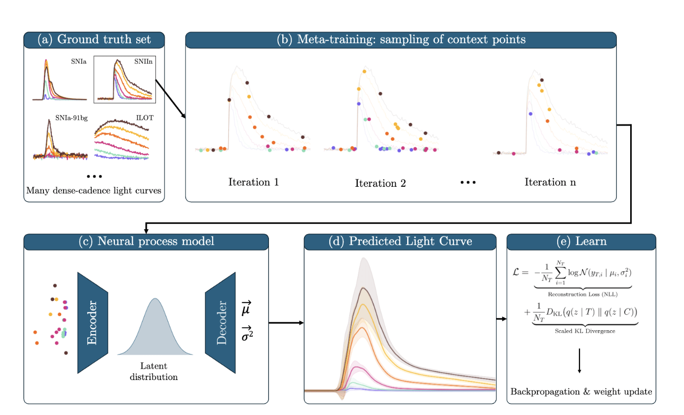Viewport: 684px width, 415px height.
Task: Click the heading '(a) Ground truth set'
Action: [x=94, y=40]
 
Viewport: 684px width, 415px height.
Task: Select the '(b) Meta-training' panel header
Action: [x=401, y=40]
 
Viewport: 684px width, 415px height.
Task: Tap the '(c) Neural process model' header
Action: [x=146, y=242]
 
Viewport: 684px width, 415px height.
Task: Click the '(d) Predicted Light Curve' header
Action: [x=400, y=242]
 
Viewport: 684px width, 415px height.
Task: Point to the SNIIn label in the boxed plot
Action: [x=143, y=62]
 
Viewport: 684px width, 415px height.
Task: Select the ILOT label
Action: [x=142, y=118]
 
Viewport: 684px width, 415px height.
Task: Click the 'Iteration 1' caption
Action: [x=254, y=182]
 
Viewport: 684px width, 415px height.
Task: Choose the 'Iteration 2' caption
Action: [x=380, y=183]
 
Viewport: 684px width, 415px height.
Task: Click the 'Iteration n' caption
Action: [x=550, y=182]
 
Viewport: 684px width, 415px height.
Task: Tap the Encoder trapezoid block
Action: [x=93, y=322]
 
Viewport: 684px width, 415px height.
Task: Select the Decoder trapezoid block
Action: [x=220, y=322]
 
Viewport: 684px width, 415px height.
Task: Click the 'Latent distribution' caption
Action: [x=153, y=372]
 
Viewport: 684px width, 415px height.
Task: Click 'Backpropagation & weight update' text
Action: [x=581, y=392]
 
